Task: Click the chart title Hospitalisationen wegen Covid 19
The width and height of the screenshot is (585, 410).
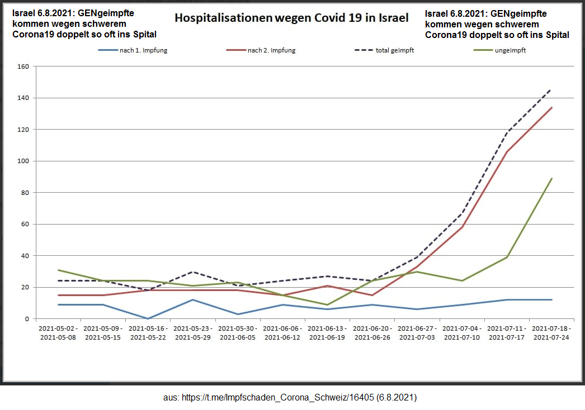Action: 291,17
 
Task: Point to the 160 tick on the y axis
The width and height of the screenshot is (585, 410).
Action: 23,66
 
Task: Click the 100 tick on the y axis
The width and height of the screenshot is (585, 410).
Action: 23,161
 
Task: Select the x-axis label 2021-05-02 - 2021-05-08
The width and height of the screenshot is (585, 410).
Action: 58,332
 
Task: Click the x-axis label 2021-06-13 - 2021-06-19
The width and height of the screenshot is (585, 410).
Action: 327,332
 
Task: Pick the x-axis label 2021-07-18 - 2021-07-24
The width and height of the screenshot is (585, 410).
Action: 551,332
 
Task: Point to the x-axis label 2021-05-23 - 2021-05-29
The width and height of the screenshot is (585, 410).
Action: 192,332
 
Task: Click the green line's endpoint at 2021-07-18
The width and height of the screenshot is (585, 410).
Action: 552,179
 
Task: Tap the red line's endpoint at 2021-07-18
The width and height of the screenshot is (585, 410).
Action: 552,107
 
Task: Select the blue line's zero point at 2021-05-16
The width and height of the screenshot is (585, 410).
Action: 148,318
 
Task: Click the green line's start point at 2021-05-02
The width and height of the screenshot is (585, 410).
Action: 58,270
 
